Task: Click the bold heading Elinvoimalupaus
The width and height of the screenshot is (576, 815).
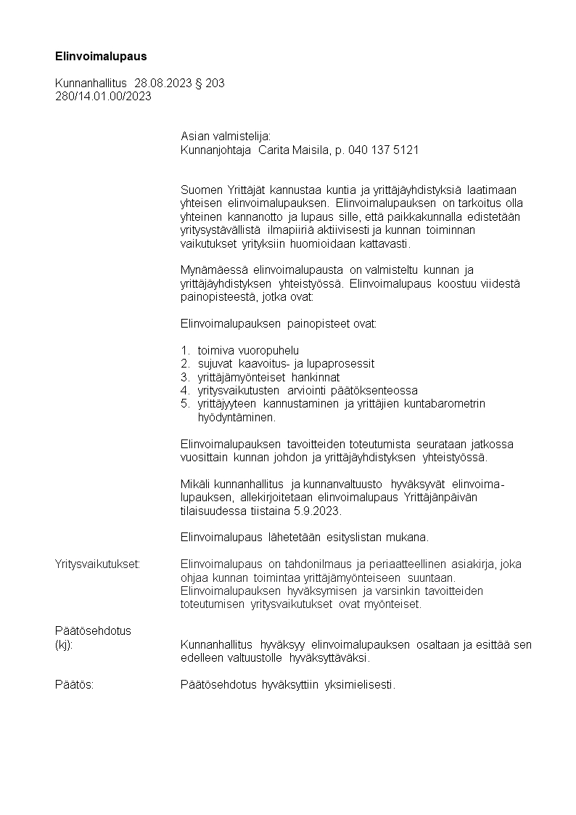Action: click(x=101, y=56)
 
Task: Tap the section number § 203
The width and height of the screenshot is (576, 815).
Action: click(x=210, y=84)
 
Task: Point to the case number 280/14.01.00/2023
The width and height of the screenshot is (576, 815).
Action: click(x=103, y=97)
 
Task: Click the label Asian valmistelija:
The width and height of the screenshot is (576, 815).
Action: click(x=225, y=136)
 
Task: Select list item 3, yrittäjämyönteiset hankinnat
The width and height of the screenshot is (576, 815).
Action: click(x=268, y=377)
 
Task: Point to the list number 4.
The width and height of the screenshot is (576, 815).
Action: click(x=184, y=390)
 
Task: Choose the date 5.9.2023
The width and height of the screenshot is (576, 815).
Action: click(x=316, y=511)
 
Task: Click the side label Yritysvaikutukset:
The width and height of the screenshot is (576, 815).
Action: click(x=97, y=564)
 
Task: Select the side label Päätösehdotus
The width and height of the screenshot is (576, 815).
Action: click(x=93, y=630)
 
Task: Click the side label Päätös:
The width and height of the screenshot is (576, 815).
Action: click(x=74, y=684)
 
